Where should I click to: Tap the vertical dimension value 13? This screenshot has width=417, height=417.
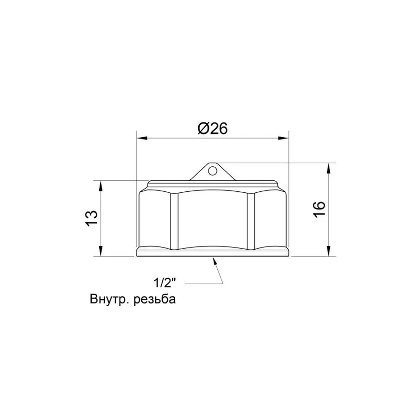click(91, 218)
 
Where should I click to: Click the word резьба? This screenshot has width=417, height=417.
click(155, 299)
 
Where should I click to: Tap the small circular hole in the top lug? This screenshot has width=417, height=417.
click(212, 171)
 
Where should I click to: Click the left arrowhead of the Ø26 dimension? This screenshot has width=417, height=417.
click(140, 138)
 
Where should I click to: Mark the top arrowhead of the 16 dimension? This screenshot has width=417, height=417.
click(329, 167)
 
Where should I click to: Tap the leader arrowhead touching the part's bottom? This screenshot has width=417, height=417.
click(215, 261)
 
